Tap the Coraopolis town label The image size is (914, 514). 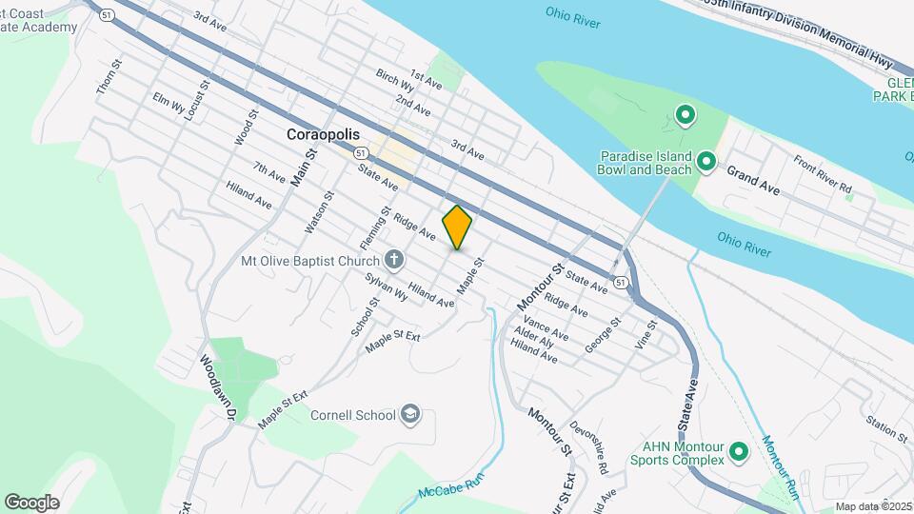(323, 135)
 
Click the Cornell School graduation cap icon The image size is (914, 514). (409, 415)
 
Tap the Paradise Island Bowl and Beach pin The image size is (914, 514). (705, 162)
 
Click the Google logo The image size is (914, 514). (31, 503)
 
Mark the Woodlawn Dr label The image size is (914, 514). (210, 389)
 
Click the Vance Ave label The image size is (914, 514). (546, 329)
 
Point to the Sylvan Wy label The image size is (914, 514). (387, 287)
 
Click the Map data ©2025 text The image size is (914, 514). (873, 506)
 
